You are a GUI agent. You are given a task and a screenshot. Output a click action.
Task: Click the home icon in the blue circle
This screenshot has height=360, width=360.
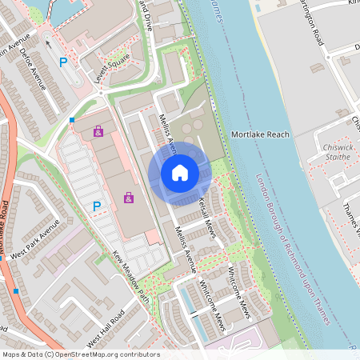[x=180, y=172]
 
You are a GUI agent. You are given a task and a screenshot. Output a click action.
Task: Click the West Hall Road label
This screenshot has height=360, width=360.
[x=106, y=330]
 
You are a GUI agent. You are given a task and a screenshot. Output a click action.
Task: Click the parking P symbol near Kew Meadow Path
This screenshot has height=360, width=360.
[x=97, y=206]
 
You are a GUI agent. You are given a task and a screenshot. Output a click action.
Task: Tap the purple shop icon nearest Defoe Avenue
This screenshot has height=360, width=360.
[x=98, y=130]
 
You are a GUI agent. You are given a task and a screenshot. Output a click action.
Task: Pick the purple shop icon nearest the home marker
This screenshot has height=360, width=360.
[x=128, y=197]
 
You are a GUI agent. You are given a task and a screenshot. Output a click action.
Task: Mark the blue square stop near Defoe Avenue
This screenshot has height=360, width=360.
[x=72, y=120]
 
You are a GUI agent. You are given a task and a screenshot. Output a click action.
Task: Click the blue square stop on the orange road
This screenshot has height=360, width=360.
[x=16, y=291]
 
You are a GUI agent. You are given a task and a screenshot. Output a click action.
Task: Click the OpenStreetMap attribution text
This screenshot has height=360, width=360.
[x=80, y=354]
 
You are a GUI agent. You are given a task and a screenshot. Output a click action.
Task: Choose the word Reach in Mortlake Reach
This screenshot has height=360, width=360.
[x=276, y=135]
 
